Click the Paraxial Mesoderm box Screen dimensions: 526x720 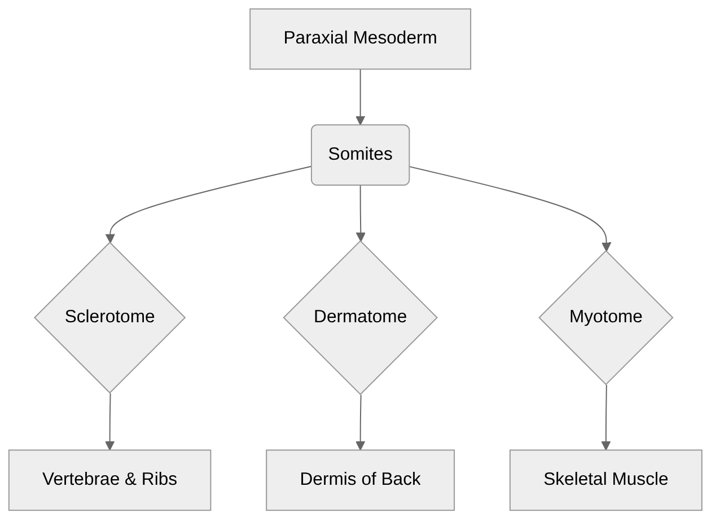360,39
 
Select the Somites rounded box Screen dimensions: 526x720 360,155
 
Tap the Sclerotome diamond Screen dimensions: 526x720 110,317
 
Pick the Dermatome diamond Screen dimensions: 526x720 360,317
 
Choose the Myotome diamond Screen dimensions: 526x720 605,317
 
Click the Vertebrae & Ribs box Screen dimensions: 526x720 110,480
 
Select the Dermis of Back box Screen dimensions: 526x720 360,480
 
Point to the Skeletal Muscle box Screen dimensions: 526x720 605,480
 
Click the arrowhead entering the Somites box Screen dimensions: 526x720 360,121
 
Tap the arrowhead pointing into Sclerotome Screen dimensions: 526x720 110,238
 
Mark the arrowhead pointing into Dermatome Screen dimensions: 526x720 361,237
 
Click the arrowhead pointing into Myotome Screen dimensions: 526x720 607,247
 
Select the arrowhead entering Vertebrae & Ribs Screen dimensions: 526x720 110,446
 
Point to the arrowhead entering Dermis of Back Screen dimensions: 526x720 360,446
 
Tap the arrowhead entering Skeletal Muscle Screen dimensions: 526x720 606,446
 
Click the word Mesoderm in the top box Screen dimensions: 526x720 395,38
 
